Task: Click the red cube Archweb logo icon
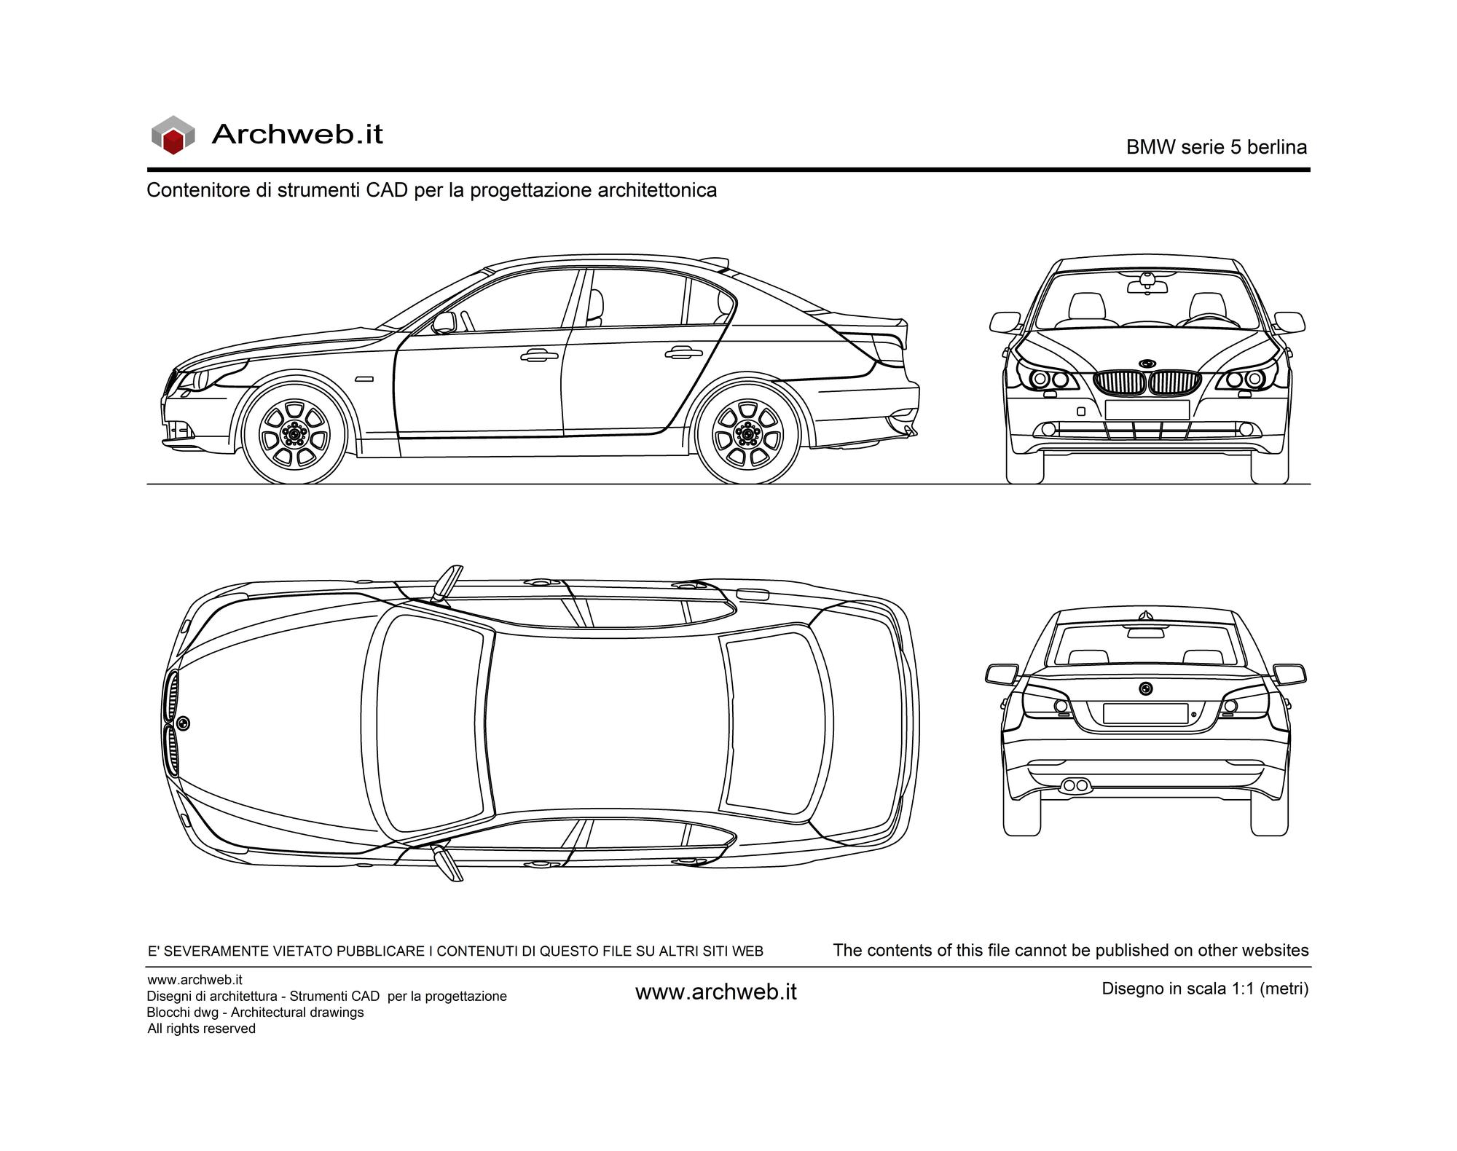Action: pyautogui.click(x=173, y=135)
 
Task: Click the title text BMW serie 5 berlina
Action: pyautogui.click(x=1216, y=147)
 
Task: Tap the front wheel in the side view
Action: pyautogui.click(x=295, y=435)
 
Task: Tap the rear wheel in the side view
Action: pyautogui.click(x=747, y=435)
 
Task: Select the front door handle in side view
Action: pyautogui.click(x=535, y=355)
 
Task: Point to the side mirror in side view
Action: pyautogui.click(x=444, y=323)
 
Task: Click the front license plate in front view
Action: pyautogui.click(x=1147, y=409)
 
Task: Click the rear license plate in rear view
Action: pyautogui.click(x=1145, y=713)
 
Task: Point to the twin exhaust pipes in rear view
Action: pyautogui.click(x=1075, y=785)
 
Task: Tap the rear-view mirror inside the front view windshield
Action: pyautogui.click(x=1147, y=285)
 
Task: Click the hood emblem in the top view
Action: pyautogui.click(x=183, y=723)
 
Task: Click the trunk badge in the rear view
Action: pyautogui.click(x=1146, y=688)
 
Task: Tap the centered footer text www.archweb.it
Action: pyautogui.click(x=716, y=992)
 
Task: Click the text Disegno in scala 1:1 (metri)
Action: pyautogui.click(x=1205, y=989)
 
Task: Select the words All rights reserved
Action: pyautogui.click(x=201, y=1029)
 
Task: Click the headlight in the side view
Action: pyautogui.click(x=195, y=380)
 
